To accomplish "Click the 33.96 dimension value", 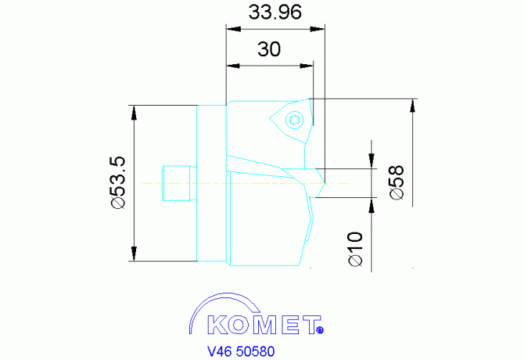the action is pyautogui.click(x=275, y=12).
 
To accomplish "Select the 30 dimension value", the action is pyautogui.click(x=269, y=49).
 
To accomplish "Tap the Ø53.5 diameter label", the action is pyautogui.click(x=118, y=183).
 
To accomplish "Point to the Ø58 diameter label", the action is pyautogui.click(x=397, y=182).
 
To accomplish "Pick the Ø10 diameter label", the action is pyautogui.click(x=355, y=249).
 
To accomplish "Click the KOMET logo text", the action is pyautogui.click(x=264, y=325).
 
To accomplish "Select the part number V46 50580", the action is pyautogui.click(x=241, y=351).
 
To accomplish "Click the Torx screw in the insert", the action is pyautogui.click(x=294, y=119).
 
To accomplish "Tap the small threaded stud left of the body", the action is pyautogui.click(x=178, y=183).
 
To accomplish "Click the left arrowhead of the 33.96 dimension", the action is pyautogui.click(x=234, y=29).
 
